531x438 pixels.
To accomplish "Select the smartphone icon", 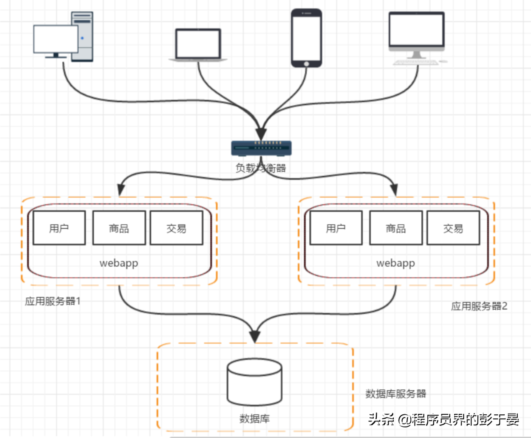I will point(307,37).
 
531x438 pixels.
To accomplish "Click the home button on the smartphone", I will point(307,64).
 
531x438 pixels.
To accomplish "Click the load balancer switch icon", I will point(261,148).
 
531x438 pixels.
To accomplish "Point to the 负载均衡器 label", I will point(261,168).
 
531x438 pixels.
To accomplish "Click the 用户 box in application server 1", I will point(59,228).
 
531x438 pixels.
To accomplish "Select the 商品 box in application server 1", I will point(119,228).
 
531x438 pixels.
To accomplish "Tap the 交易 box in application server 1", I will point(176,228).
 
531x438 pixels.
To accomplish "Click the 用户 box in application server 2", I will point(336,228).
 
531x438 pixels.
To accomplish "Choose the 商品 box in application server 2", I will point(396,228).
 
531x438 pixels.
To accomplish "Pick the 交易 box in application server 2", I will point(453,228).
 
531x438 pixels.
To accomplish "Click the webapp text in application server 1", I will point(119,263).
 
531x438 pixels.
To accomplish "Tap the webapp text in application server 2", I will point(396,263).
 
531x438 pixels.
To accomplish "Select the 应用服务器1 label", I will point(53,301).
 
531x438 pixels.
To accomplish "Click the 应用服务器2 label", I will point(479,306).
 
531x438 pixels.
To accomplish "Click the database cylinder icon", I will point(254,382).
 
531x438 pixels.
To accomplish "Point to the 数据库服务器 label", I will point(396,393).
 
